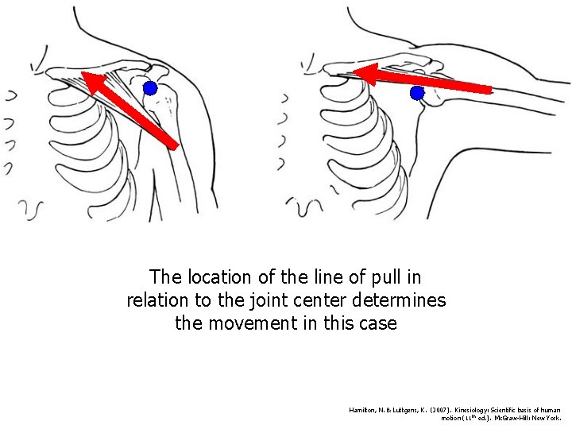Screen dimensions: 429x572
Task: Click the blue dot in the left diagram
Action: (x=149, y=88)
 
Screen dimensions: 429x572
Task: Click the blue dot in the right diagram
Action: (x=417, y=94)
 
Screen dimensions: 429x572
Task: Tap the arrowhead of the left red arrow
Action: (x=90, y=80)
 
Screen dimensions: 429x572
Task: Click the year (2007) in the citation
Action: (x=422, y=410)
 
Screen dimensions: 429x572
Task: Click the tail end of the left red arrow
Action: (x=172, y=145)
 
